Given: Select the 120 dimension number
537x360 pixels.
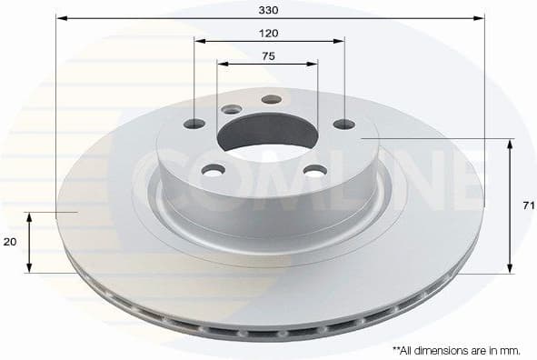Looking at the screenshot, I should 269,33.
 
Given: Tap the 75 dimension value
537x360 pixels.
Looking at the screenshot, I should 268,55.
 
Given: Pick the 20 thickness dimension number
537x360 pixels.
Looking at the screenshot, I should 10,243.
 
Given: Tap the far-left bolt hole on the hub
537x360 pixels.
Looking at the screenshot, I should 194,124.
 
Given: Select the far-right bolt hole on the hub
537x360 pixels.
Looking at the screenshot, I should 343,124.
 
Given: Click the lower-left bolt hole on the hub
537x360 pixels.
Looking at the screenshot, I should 214,170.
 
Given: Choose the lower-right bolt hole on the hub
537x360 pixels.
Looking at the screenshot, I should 314,170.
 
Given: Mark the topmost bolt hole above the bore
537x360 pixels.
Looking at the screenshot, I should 271,99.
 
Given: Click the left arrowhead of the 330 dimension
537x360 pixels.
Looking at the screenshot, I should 60,17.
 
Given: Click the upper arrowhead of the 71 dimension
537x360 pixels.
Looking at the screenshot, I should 511,143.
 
